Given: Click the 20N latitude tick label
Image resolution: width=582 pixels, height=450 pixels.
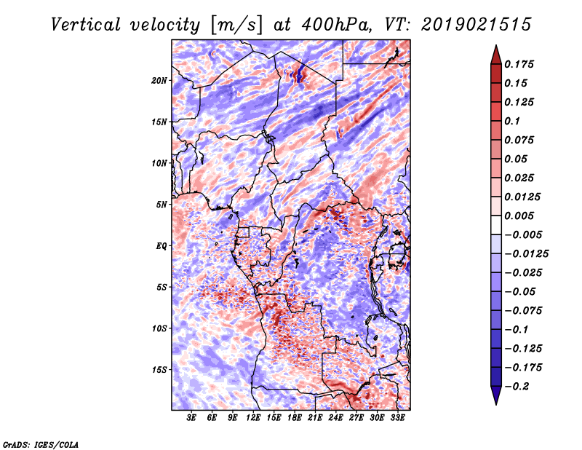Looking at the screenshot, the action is [159, 81].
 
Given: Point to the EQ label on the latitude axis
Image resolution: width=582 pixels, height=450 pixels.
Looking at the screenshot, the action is [162, 246].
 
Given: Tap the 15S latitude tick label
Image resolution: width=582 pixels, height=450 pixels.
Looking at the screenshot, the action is [159, 370].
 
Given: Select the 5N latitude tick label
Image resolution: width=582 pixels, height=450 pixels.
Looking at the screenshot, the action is [162, 205].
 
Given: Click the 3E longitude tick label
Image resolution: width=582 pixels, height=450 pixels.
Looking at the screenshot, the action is [191, 418].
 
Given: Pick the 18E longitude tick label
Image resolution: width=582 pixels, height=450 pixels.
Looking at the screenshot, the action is [295, 418].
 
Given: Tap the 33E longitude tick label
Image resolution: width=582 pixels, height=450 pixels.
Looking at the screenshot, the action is [397, 418].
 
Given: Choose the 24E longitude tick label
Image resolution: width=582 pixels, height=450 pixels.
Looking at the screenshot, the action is [335, 418].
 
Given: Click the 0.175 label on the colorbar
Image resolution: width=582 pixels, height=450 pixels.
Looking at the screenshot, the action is [519, 64].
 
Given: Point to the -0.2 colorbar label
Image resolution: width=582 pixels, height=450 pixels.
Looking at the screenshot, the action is [517, 387].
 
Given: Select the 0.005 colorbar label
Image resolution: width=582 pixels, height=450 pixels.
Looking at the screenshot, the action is [519, 216].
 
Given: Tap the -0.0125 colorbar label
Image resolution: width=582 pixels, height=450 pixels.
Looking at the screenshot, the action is [526, 254].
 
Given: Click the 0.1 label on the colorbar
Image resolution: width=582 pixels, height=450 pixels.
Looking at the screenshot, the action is [512, 121].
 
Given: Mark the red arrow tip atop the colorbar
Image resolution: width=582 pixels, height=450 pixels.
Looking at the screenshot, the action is [496, 45].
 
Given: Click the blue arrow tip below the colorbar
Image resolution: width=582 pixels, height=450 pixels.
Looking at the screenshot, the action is [496, 404].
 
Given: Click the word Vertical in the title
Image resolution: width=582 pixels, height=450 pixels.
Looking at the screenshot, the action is [86, 25].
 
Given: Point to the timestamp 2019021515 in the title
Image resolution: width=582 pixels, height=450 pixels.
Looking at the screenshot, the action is [476, 25].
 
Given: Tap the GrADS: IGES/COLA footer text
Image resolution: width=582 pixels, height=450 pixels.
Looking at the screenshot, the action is [41, 444].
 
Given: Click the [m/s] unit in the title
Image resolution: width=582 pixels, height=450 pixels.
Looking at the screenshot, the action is [236, 25].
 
